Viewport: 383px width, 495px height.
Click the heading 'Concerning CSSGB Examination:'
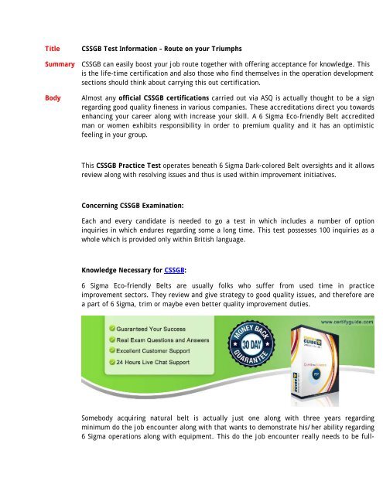pos(135,207)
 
